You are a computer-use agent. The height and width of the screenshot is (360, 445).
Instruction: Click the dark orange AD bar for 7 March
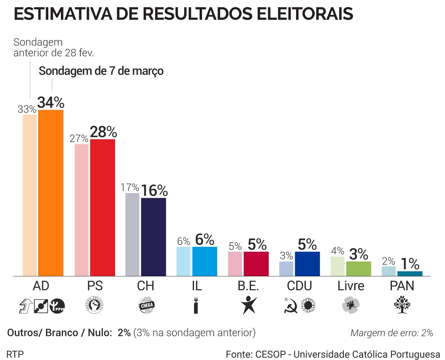coord(51,193)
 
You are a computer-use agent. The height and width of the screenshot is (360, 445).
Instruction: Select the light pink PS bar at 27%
coord(82,210)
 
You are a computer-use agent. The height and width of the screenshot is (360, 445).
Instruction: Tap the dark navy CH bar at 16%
coord(153,237)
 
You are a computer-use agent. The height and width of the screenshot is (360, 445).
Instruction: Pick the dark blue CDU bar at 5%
coord(307,264)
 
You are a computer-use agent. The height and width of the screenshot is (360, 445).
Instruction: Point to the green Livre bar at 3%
coord(358,269)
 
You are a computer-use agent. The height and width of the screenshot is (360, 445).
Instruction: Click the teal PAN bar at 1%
coord(410,274)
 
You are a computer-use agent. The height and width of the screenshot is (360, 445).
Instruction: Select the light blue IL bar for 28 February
coord(183,261)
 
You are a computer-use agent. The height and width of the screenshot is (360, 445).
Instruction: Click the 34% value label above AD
coord(51,103)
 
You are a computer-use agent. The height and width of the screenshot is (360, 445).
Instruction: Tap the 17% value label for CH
coord(130,187)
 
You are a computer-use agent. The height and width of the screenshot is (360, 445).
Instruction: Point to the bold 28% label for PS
coord(103,132)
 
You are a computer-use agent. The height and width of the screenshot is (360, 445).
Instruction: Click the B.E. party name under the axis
coord(248,286)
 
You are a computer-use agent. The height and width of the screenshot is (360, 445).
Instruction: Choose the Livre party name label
coord(351,286)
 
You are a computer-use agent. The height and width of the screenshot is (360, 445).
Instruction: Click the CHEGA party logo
coord(146,305)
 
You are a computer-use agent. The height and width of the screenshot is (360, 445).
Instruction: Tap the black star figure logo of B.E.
coord(249,305)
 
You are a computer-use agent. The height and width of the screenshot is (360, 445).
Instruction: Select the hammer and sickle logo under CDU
coord(291,305)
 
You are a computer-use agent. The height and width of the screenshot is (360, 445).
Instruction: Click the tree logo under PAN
coord(402,305)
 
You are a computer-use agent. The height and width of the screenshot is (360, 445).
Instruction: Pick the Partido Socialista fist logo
coord(95,305)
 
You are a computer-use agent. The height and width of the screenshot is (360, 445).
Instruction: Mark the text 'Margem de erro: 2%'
coord(392,333)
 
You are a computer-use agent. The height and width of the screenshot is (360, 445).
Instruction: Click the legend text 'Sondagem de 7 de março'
coord(101,71)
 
